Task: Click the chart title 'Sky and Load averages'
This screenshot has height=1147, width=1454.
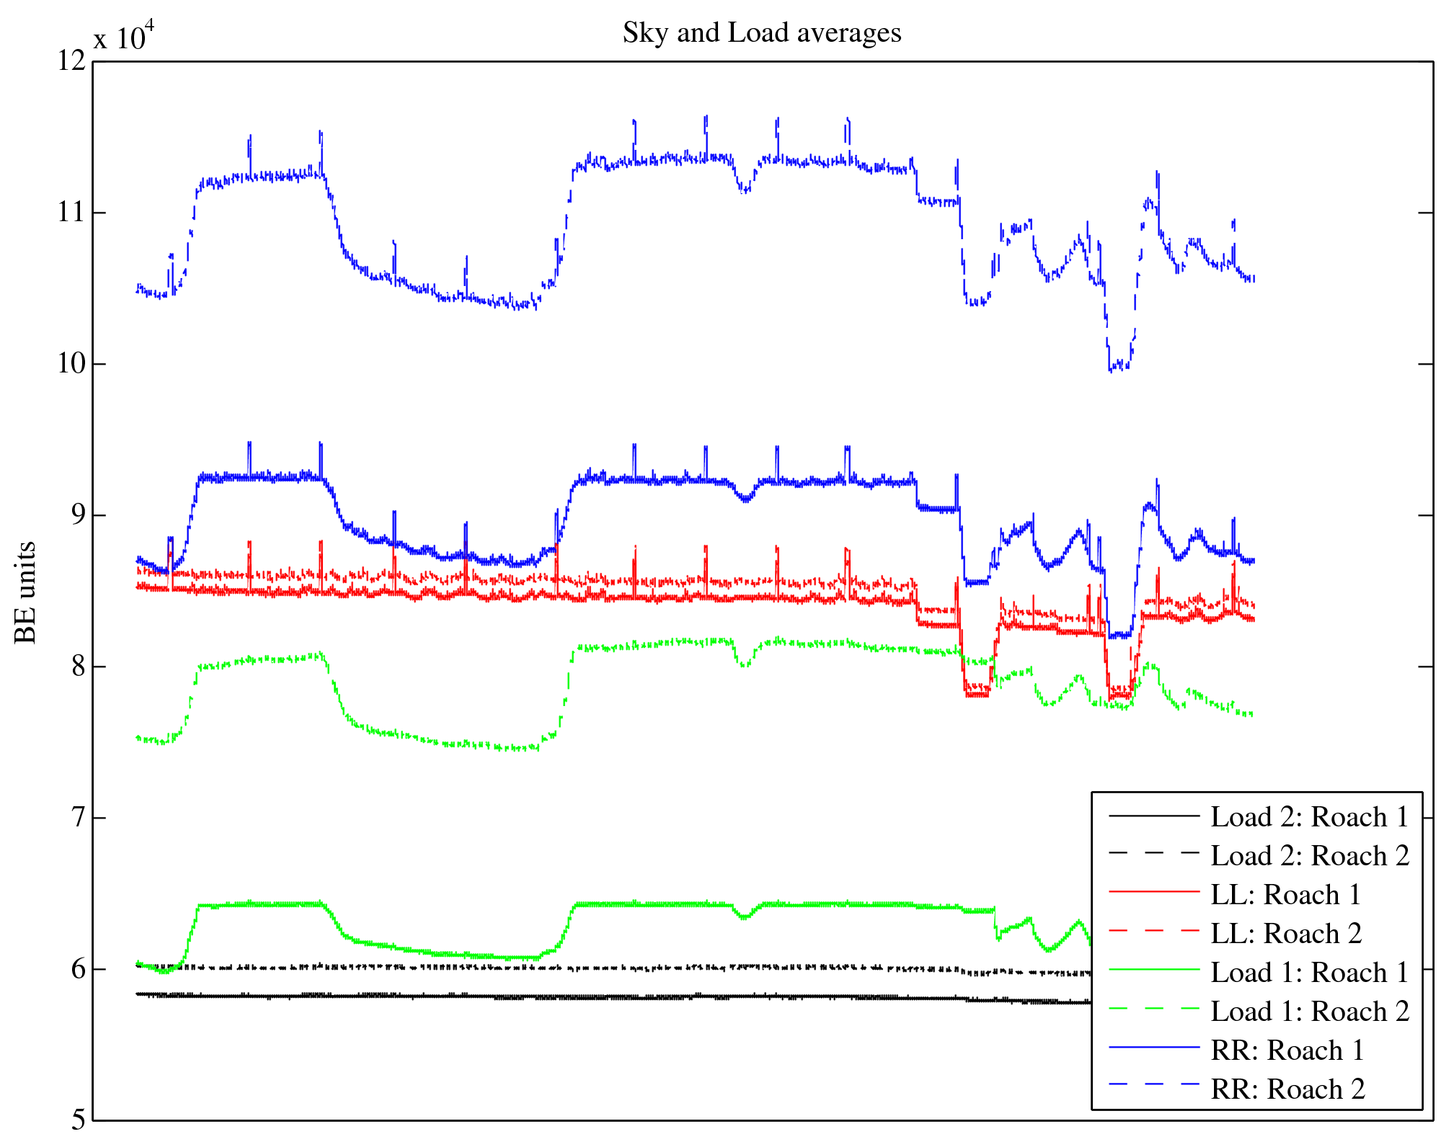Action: tap(762, 32)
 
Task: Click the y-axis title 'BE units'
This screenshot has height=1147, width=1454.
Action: tap(26, 592)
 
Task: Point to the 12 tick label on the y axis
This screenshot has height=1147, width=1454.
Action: tap(71, 61)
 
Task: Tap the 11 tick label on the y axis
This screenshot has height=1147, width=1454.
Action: tap(71, 213)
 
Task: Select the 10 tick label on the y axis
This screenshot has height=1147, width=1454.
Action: tap(71, 364)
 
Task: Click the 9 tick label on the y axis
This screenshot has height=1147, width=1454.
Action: tap(78, 515)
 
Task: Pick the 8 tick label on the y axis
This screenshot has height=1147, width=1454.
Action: tap(78, 666)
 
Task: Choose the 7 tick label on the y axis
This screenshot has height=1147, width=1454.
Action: tap(78, 818)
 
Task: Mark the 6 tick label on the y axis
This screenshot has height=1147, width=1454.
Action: tap(78, 969)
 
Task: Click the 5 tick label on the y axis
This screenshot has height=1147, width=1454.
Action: tap(78, 1120)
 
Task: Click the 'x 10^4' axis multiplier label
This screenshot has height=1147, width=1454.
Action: tap(123, 36)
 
